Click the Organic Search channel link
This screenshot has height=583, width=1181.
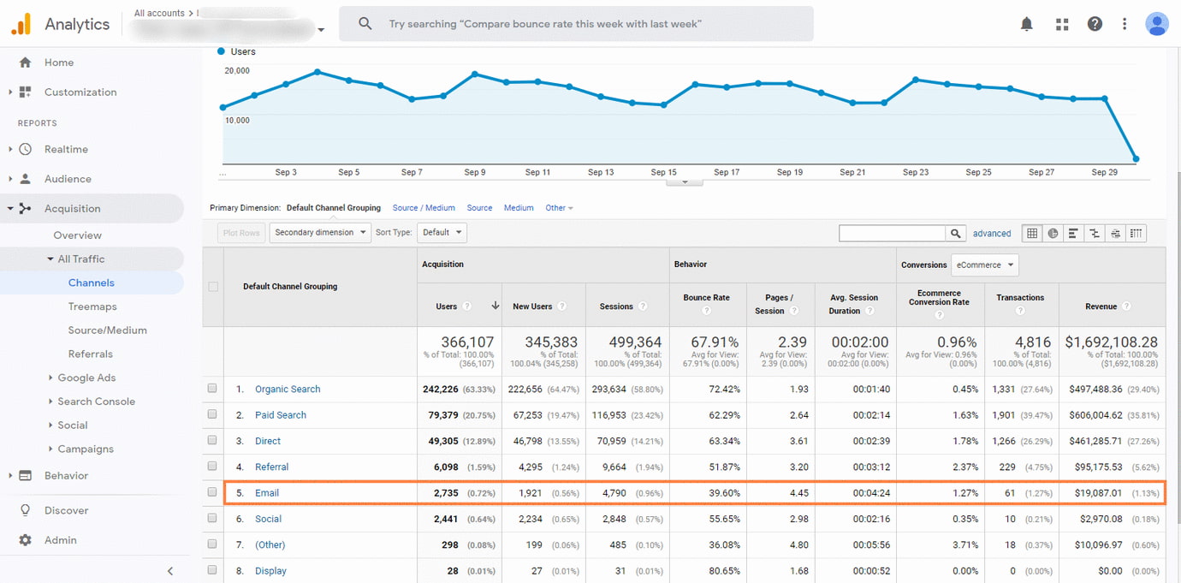[288, 390]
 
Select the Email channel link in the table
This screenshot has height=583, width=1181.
[267, 493]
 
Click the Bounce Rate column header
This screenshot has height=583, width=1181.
[706, 298]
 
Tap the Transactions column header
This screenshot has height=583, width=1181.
[1020, 298]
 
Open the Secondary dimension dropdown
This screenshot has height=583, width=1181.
[320, 232]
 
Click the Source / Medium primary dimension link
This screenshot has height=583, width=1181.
[424, 208]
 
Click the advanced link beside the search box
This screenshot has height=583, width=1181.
[992, 233]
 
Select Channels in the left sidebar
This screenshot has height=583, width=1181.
[92, 283]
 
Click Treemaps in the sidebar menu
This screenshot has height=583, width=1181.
[92, 306]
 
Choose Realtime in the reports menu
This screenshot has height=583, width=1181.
[66, 149]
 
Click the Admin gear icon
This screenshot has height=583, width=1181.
[26, 540]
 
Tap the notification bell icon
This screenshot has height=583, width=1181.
[1027, 24]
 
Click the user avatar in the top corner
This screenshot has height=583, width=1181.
[1157, 24]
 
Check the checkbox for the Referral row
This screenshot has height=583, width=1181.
[212, 467]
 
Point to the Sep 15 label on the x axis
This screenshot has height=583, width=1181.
[663, 172]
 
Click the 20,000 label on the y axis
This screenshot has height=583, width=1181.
[237, 70]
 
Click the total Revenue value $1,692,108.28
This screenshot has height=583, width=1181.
[1111, 342]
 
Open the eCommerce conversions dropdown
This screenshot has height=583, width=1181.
[984, 265]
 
